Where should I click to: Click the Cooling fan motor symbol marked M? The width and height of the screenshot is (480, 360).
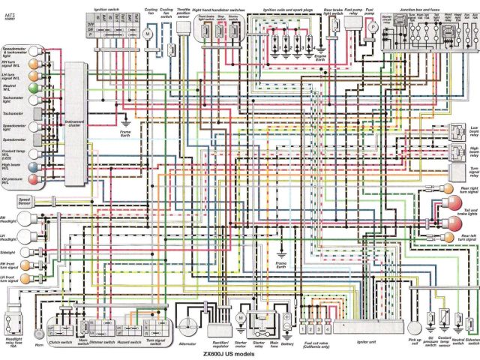(148, 34)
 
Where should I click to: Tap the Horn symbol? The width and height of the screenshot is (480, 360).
(38, 333)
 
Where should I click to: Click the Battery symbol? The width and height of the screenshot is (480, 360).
(286, 320)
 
